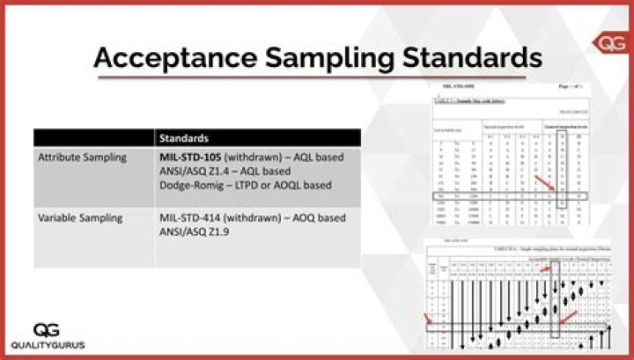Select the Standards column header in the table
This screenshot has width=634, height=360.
[184, 138]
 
